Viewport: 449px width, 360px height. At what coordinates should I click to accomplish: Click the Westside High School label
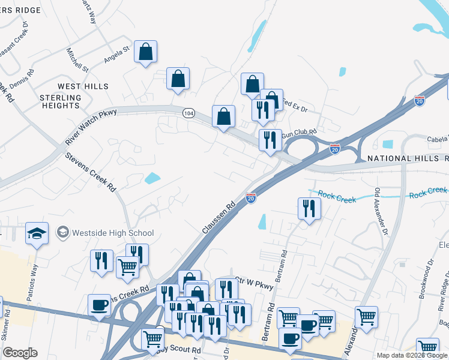click(112, 233)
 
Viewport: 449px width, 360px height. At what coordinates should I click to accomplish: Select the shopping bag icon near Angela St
click(146, 52)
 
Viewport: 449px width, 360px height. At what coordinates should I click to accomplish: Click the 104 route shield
click(188, 113)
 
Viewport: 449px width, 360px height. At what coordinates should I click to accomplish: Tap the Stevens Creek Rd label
click(91, 172)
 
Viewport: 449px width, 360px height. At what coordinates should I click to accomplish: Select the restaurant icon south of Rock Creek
click(309, 208)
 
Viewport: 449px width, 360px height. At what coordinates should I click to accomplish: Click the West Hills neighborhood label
click(83, 86)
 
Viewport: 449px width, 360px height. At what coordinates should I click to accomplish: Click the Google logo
click(19, 353)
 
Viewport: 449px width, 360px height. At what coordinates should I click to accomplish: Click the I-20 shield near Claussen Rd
click(251, 197)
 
